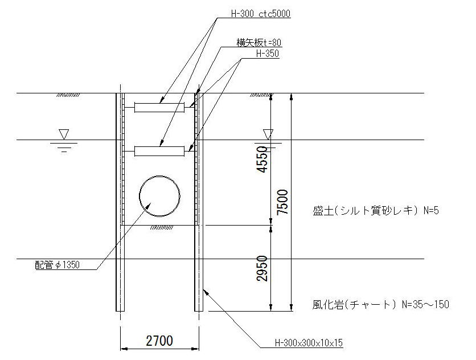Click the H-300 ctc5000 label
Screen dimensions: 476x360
260,14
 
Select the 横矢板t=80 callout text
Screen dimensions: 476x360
259,43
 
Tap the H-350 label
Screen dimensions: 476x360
268,54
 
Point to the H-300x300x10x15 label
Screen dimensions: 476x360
309,343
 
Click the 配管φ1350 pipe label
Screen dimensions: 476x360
58,265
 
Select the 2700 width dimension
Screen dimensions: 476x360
159,341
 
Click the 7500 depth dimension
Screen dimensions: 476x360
282,202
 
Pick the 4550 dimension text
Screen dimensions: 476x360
262,159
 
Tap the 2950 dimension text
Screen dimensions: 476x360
262,268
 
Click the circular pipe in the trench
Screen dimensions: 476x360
159,196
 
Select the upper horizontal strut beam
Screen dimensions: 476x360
159,108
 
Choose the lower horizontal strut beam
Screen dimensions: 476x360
159,152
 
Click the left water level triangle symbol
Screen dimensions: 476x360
64,134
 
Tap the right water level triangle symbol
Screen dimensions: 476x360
268,134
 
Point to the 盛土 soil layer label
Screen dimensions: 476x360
323,211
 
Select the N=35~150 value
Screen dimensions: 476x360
425,304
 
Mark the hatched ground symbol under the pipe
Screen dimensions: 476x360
162,227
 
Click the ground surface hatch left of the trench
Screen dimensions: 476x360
68,95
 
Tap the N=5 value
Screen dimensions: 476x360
431,211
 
